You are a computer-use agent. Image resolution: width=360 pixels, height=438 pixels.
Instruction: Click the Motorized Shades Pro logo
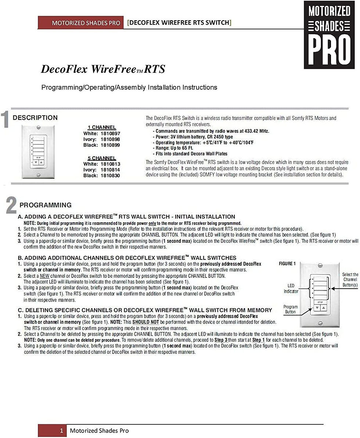tap(329, 35)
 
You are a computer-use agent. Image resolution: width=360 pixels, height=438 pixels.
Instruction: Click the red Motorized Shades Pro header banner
tap(81, 23)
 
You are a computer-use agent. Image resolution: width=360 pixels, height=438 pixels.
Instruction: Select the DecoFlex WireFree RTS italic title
tap(103, 69)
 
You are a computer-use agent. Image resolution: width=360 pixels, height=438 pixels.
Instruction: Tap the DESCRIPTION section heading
tap(35, 118)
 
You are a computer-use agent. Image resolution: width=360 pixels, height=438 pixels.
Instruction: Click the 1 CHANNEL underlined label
tap(102, 128)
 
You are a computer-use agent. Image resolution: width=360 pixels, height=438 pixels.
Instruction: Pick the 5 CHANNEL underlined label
tap(102, 158)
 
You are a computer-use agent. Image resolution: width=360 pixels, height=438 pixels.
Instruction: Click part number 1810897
tap(110, 133)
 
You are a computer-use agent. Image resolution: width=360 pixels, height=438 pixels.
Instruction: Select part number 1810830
tap(110, 175)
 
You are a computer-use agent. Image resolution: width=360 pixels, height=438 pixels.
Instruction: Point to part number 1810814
tap(110, 169)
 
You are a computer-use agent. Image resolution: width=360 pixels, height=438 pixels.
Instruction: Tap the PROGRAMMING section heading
tap(46, 205)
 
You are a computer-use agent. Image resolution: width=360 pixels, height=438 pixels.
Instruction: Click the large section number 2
tap(11, 205)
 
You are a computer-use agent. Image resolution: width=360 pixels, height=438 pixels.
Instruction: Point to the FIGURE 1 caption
tap(287, 264)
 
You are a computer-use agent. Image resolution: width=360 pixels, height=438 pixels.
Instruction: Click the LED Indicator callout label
tap(291, 288)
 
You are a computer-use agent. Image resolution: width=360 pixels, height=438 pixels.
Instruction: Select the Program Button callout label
tap(291, 309)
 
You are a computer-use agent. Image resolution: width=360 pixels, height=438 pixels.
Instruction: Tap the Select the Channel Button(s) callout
tap(350, 280)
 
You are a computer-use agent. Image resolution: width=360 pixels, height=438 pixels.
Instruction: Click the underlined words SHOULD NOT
tap(145, 322)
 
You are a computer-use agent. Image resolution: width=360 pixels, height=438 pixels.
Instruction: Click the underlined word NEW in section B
tap(44, 276)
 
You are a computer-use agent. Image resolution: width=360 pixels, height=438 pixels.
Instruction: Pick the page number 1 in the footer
tap(61, 430)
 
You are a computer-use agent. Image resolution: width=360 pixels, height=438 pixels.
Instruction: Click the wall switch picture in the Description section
tap(38, 152)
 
